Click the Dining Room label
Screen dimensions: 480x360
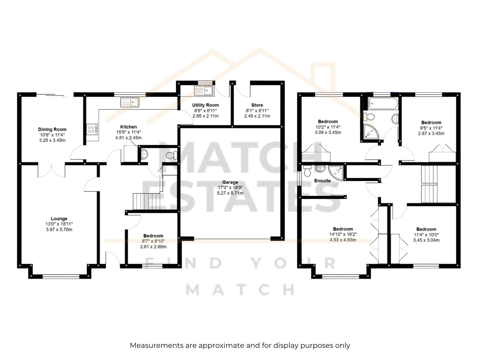click(52, 129)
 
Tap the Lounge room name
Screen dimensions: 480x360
click(59, 219)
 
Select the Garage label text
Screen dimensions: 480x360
click(230, 182)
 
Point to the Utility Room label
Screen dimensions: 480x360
click(205, 105)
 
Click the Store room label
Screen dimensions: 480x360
click(257, 105)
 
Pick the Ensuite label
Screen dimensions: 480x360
click(322, 181)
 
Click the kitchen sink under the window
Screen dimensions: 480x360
click(130, 102)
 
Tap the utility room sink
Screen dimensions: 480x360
click(204, 91)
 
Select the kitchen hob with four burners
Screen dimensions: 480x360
click(91, 129)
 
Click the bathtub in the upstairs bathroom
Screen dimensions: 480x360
click(383, 103)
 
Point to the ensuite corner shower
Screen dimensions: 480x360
click(336, 173)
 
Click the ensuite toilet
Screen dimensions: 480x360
click(307, 171)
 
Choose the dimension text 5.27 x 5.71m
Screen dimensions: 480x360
click(230, 193)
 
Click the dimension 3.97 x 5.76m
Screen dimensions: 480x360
click(59, 229)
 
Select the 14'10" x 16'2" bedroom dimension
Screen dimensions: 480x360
click(343, 234)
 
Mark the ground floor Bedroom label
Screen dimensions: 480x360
click(153, 236)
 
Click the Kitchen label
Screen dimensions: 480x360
click(129, 127)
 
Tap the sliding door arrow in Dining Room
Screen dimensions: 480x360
click(64, 97)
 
